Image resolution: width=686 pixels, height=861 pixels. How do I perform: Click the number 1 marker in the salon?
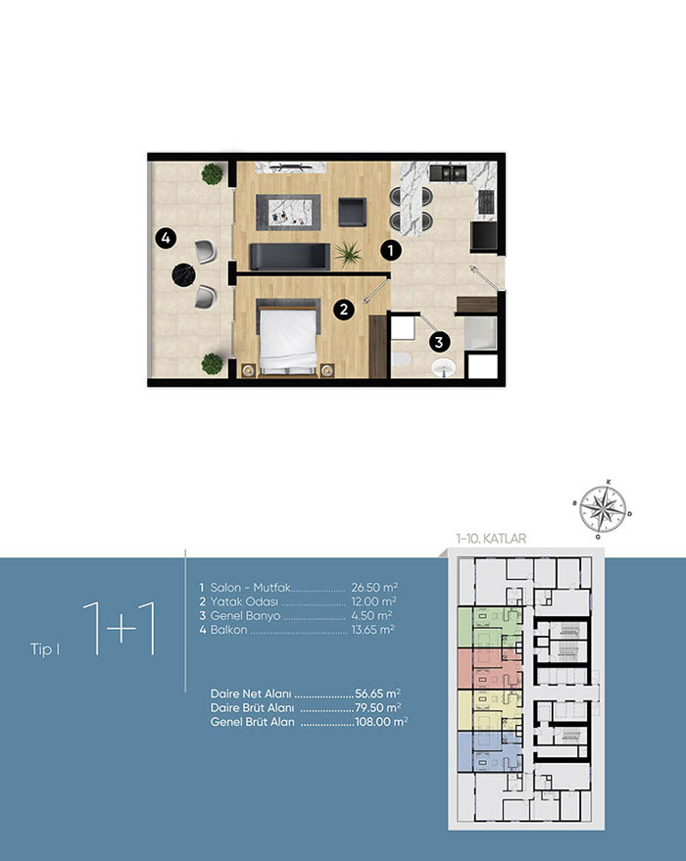(x=390, y=251)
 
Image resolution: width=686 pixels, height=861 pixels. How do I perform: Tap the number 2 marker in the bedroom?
(x=344, y=310)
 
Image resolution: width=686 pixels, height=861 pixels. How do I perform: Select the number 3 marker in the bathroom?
(x=439, y=343)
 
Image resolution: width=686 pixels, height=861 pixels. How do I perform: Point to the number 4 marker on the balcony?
(x=166, y=238)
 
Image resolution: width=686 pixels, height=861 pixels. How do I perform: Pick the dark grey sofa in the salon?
(x=290, y=257)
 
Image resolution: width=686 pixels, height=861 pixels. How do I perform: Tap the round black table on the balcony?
(x=183, y=275)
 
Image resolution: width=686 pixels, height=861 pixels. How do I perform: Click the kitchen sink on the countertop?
(x=448, y=173)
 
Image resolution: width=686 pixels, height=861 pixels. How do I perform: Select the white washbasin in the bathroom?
(x=444, y=367)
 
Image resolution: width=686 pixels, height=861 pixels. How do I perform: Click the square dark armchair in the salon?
(x=352, y=213)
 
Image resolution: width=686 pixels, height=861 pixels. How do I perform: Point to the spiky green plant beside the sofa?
(x=348, y=255)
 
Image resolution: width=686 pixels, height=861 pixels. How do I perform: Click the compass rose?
(x=603, y=509)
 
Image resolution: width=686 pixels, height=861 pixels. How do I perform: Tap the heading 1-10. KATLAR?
(x=491, y=539)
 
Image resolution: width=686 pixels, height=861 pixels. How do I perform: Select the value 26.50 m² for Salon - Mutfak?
(x=374, y=588)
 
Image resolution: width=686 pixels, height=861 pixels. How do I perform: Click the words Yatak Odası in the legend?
(x=244, y=601)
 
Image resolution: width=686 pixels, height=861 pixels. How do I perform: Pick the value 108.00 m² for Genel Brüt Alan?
(x=381, y=722)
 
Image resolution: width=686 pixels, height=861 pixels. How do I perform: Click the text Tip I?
(x=45, y=649)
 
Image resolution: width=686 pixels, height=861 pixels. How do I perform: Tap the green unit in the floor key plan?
(x=489, y=628)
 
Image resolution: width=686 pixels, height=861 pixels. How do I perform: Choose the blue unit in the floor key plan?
(x=489, y=751)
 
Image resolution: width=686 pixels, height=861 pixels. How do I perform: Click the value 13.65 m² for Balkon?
(x=373, y=630)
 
